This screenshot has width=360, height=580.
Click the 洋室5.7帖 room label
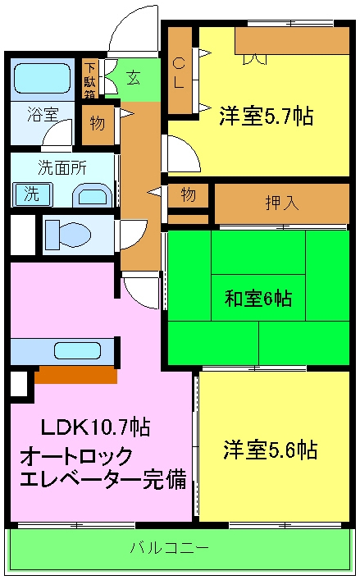265,116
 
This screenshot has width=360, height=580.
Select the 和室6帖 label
258,299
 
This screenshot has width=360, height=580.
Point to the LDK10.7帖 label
95,427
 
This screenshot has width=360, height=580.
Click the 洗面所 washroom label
61,169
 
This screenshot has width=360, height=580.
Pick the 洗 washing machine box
31,194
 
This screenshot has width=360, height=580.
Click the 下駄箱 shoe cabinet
89,80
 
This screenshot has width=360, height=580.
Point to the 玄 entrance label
132,78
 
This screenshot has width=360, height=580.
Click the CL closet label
179,72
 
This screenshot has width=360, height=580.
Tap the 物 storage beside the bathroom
97,124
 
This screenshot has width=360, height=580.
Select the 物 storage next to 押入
188,195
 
